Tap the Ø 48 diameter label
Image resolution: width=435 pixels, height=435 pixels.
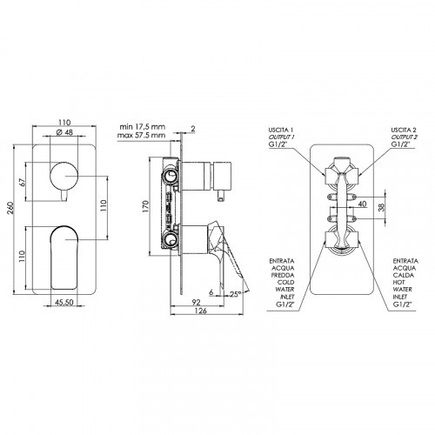click(64, 132)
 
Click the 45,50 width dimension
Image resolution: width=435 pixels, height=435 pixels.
click(64, 302)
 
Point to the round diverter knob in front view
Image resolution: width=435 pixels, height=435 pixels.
click(64, 177)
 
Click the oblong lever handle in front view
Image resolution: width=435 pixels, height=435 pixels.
click(64, 257)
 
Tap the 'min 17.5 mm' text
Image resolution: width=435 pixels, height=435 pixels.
click(143, 127)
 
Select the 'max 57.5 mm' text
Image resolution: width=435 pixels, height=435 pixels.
click(141, 135)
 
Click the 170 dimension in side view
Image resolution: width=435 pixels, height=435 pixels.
click(145, 206)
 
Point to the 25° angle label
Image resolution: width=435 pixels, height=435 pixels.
click(235, 294)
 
